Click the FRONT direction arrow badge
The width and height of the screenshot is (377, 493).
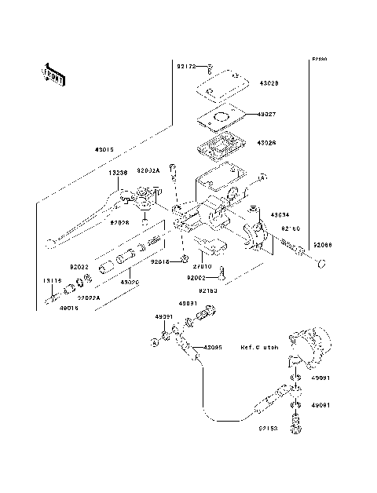53,73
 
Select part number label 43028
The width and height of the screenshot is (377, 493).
268,82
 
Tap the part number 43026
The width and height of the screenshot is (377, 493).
268,144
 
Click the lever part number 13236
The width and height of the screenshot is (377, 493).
119,172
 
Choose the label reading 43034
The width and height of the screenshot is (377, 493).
280,214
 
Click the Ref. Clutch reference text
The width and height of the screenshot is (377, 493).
260,346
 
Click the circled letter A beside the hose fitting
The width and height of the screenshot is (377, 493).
156,364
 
